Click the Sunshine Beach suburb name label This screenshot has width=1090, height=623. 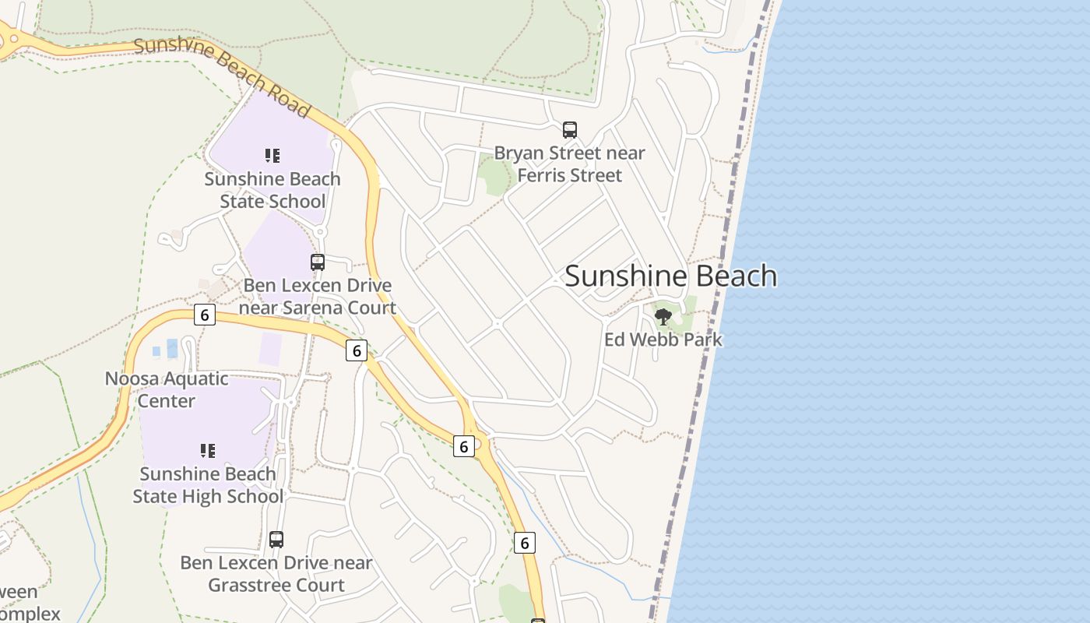pos(670,276)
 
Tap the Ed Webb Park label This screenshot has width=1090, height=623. pos(663,340)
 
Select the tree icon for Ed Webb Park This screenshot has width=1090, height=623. pos(663,316)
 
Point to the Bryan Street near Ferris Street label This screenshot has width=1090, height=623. pos(570,164)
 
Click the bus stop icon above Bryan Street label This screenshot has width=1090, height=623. pos(570,129)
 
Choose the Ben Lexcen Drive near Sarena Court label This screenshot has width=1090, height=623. pos(318,297)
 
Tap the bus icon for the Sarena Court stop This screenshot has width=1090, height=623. pos(318,262)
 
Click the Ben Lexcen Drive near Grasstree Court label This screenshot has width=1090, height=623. pos(276,574)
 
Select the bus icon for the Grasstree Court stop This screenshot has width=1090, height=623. pos(276,539)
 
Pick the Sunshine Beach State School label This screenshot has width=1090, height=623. pos(272,190)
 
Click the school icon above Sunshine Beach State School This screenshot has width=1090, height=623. pos(272,156)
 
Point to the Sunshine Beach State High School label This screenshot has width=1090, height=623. pos(208,485)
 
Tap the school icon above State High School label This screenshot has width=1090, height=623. pos(208,450)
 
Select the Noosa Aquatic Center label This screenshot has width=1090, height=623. pos(167,390)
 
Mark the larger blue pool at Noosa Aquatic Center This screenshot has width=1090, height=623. pos(172,348)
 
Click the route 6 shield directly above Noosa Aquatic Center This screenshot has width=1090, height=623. pos(205,315)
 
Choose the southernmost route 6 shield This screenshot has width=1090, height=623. pos(525,543)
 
